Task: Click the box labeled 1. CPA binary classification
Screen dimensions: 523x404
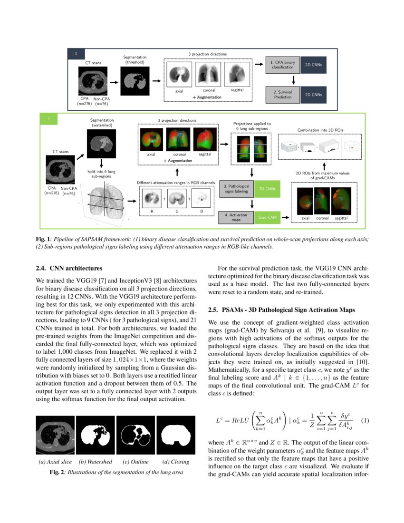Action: click(282, 65)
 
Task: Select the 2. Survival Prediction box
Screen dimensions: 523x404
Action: click(282, 94)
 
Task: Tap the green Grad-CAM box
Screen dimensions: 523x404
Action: click(266, 218)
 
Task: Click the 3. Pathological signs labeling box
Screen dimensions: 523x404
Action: click(236, 188)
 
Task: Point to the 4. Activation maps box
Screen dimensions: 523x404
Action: click(236, 218)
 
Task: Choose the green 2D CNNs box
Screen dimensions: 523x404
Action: click(266, 188)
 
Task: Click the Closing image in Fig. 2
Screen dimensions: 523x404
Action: click(176, 435)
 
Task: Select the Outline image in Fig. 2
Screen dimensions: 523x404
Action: click(135, 435)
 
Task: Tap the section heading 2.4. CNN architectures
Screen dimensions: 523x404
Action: click(66, 269)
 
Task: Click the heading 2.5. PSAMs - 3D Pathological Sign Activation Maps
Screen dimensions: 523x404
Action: click(281, 310)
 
